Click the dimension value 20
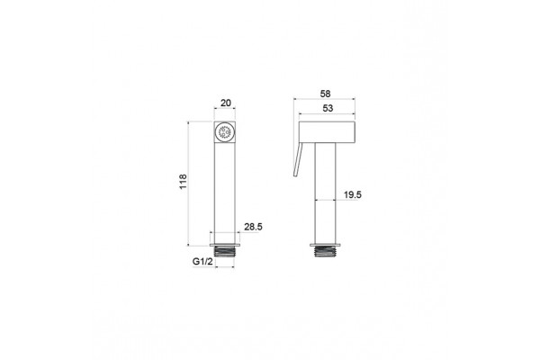226,103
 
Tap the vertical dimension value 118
183,182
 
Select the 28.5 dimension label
253,227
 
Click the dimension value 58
325,94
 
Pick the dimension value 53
328,108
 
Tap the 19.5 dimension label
353,195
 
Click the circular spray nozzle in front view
224,132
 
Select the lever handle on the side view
298,159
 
